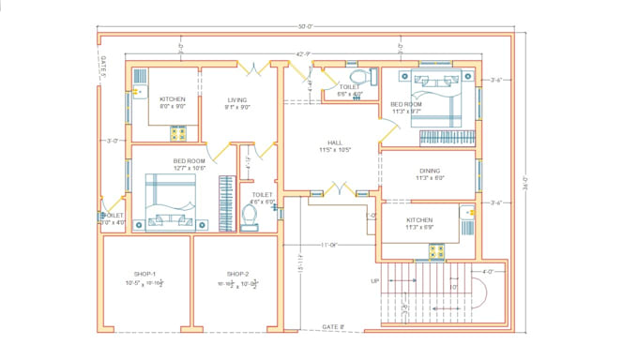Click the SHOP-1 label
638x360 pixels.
tap(144, 274)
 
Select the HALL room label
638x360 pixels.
tap(335, 142)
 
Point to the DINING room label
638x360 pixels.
tap(429, 170)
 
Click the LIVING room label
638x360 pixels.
tap(237, 98)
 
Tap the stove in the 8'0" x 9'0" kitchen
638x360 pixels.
tap(176, 133)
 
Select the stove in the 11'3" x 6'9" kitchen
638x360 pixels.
tap(436, 250)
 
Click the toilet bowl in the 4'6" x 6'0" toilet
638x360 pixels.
tap(250, 217)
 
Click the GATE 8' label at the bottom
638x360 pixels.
tap(334, 326)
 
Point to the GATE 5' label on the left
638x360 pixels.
tap(103, 67)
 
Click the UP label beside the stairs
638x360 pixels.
tap(375, 280)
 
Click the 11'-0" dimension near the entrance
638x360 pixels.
tap(328, 245)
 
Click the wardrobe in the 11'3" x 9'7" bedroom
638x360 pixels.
tap(445, 138)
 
